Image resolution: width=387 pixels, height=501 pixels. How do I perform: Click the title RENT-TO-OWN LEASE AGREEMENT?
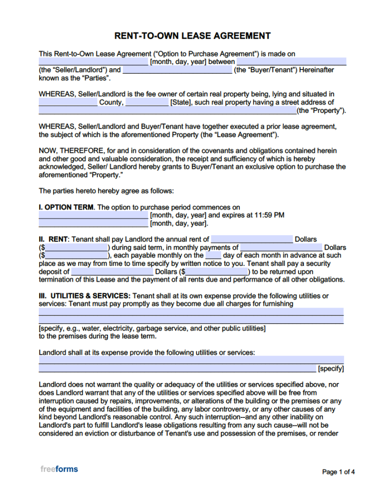tap(193, 36)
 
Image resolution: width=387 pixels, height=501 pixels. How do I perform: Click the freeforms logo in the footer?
tap(59, 469)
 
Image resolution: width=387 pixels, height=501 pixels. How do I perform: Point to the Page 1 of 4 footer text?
tap(338, 472)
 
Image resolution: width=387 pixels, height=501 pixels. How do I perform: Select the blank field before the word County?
tap(68, 103)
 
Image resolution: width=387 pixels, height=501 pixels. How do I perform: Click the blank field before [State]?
tap(147, 103)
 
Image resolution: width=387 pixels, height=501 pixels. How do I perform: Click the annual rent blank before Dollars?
tap(251, 239)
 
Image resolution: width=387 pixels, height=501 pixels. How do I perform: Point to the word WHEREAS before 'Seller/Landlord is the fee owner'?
tap(57, 94)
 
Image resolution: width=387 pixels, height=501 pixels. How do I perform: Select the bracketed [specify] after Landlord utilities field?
tap(331, 369)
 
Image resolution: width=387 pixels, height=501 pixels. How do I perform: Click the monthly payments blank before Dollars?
tap(281, 247)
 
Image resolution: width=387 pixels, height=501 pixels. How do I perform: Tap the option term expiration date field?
tap(93, 223)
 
